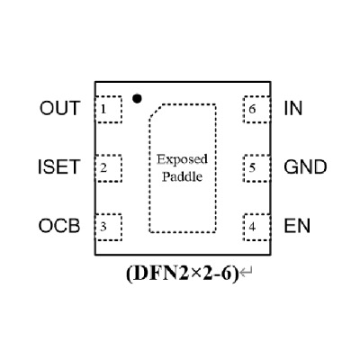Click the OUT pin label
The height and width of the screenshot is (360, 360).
pos(60,108)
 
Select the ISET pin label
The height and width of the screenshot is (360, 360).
pos(59,167)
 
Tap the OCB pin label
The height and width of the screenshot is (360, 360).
pos(59,226)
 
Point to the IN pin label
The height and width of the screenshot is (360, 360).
pos(293,108)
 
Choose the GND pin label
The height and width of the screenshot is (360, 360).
pos(305,167)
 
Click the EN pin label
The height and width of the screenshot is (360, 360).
pos(297,226)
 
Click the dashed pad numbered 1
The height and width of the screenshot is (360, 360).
pos(108,109)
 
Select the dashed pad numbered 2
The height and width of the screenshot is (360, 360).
pos(108,168)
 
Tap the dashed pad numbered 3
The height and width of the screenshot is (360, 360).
pos(108,227)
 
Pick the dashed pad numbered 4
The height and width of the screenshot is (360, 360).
pos(257,227)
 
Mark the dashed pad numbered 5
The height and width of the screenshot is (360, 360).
pos(257,168)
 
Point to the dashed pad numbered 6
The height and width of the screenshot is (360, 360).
pos(257,109)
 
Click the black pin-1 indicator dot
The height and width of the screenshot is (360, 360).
pos(137,98)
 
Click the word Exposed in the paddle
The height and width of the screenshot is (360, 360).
pos(182,159)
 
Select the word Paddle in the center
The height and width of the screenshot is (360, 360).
pos(182,176)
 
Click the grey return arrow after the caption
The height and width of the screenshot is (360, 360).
pos(247,273)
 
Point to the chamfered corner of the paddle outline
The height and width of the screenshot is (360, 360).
pos(156,112)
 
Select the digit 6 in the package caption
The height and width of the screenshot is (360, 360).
pos(228,274)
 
